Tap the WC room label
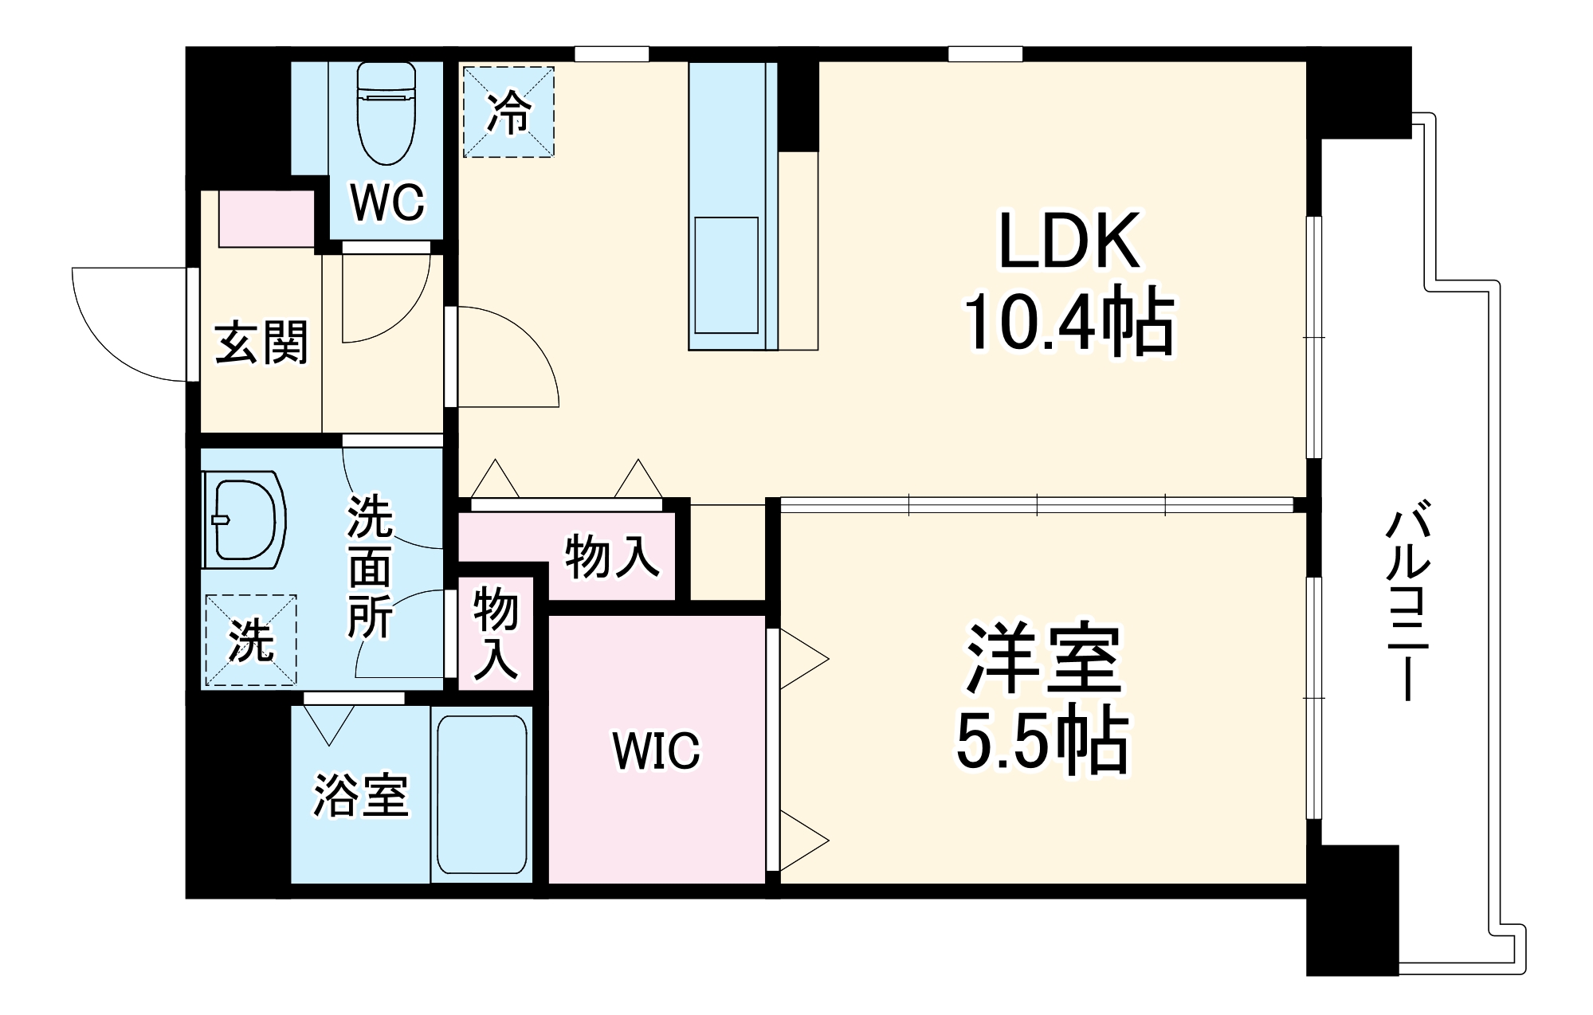387,203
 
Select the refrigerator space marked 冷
508,112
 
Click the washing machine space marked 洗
251,640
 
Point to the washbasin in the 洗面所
244,522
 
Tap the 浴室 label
361,795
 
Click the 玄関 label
261,343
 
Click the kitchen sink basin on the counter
726,275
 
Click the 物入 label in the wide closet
612,557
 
